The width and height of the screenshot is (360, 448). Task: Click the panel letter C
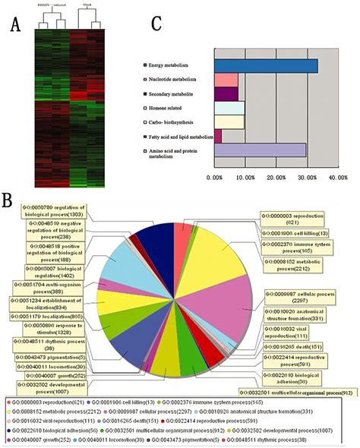pos(156,24)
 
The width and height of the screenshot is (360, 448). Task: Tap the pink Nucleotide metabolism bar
pos(226,80)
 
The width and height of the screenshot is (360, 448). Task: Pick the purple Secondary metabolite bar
pos(226,93)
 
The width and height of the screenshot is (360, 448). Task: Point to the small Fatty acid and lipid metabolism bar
pos(218,135)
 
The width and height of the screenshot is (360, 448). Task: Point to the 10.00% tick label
pos(245,178)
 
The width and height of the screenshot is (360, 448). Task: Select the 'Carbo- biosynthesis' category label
pos(176,121)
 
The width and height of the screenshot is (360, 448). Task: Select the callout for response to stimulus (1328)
pos(43,328)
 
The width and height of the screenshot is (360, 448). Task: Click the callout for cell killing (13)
pos(292,234)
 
